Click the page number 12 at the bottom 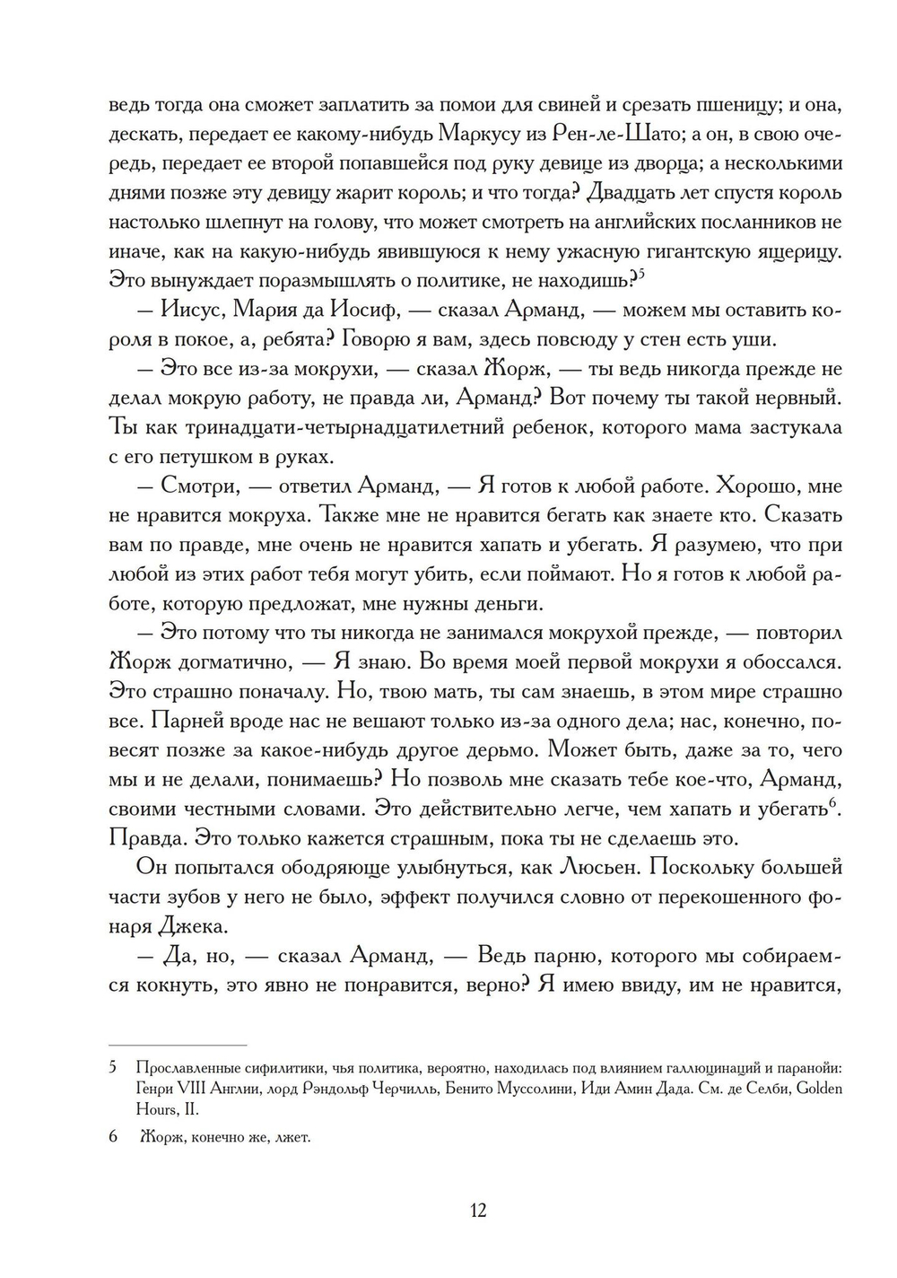point(477,1211)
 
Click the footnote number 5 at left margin point(113,1068)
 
